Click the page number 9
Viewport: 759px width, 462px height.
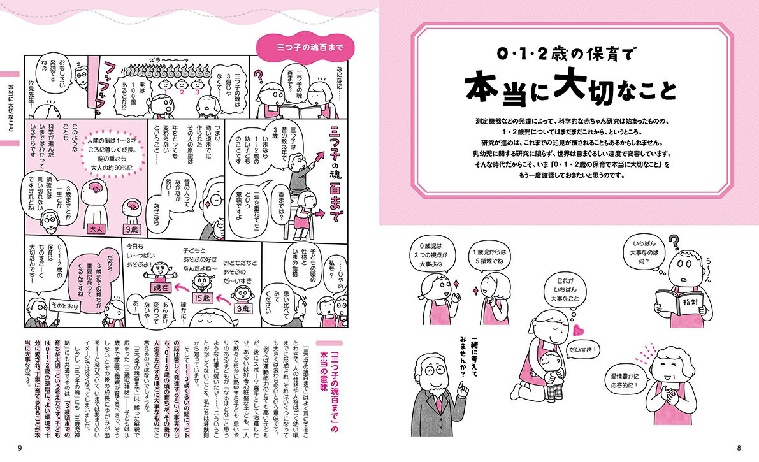pos(20,449)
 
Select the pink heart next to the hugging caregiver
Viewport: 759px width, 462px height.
pos(579,329)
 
